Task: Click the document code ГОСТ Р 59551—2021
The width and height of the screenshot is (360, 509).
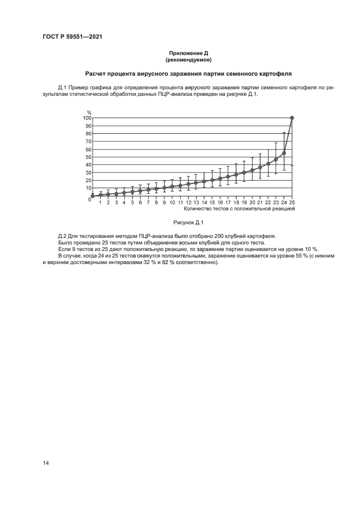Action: pyautogui.click(x=72, y=37)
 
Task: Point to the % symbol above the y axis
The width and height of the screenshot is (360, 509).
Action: pyautogui.click(x=89, y=112)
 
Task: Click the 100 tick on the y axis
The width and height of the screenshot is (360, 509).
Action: pyautogui.click(x=87, y=118)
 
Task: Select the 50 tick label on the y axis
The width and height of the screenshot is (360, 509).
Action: pyautogui.click(x=88, y=157)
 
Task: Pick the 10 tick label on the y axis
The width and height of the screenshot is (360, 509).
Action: pyautogui.click(x=88, y=188)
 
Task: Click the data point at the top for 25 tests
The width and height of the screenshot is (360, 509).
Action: pyautogui.click(x=292, y=118)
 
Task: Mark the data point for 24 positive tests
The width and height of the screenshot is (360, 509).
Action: pyautogui.click(x=284, y=153)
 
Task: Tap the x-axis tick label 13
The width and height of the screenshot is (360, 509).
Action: pyautogui.click(x=196, y=203)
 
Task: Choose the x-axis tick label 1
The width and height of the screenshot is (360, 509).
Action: pyautogui.click(x=100, y=203)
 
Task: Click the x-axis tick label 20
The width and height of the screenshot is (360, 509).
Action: pyautogui.click(x=252, y=203)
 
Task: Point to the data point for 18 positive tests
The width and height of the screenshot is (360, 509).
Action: pyautogui.click(x=236, y=175)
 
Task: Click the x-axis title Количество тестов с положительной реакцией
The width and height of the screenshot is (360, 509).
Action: pyautogui.click(x=239, y=208)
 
